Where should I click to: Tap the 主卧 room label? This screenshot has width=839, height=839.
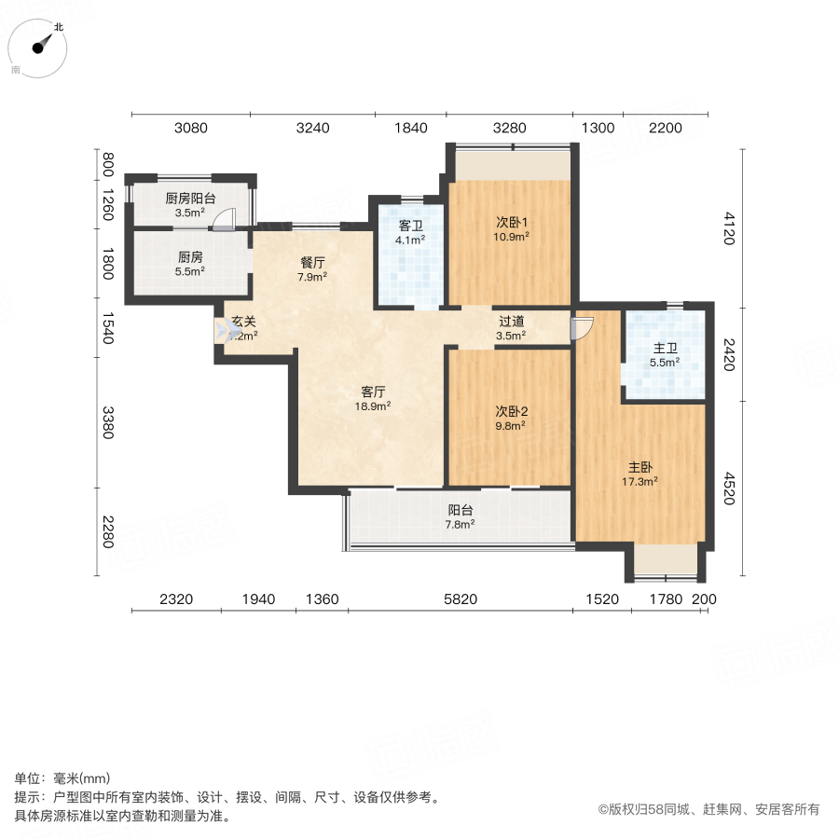click(x=640, y=469)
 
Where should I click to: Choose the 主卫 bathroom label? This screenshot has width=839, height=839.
click(x=665, y=350)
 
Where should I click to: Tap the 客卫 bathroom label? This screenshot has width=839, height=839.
click(x=411, y=226)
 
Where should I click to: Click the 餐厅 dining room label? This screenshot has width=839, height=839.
click(x=312, y=263)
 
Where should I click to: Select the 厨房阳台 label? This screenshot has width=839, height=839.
click(x=190, y=198)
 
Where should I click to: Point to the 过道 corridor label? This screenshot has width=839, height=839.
click(x=511, y=322)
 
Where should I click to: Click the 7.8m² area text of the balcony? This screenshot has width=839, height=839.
click(x=461, y=524)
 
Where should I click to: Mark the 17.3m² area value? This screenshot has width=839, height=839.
click(x=640, y=482)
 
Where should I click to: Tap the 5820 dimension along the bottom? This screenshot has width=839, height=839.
click(x=461, y=599)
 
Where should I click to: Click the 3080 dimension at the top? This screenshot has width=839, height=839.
click(x=191, y=129)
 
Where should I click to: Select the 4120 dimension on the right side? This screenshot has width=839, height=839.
click(x=728, y=228)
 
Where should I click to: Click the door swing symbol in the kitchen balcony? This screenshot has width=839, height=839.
click(x=225, y=220)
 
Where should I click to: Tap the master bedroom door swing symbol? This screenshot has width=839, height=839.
click(x=581, y=326)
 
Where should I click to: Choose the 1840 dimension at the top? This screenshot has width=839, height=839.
click(x=410, y=129)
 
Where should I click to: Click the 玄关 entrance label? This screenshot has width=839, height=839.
click(x=243, y=322)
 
